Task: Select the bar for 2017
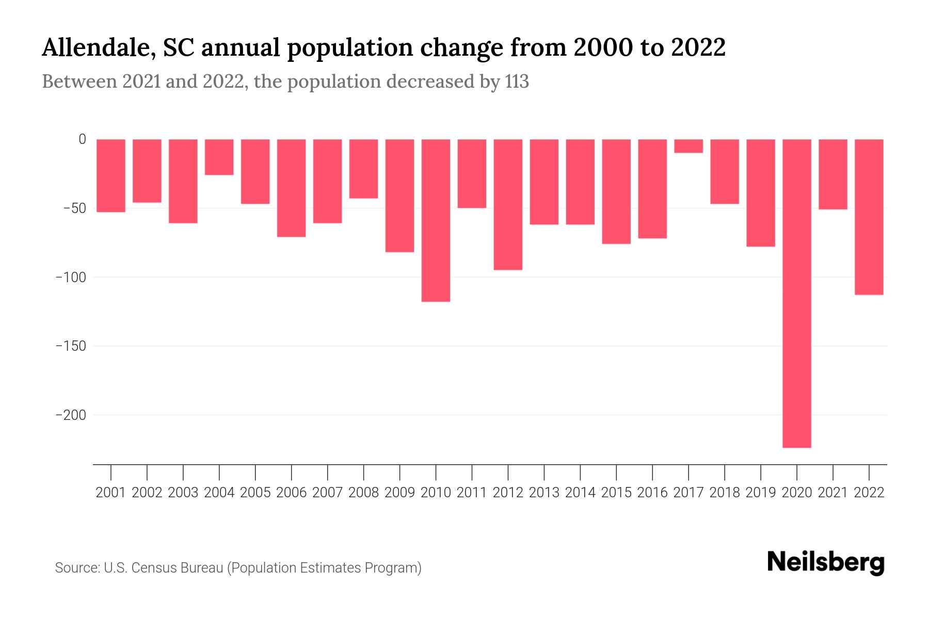click(x=688, y=146)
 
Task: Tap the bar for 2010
click(x=436, y=220)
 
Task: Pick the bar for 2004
click(x=219, y=157)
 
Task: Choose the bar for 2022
click(x=869, y=217)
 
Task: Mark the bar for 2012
click(x=508, y=204)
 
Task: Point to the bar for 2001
click(x=111, y=175)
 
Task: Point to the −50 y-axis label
click(x=74, y=208)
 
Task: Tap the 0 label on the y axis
click(x=82, y=139)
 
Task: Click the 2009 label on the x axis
click(x=399, y=493)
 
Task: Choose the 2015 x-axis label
click(x=616, y=493)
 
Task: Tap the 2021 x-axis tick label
click(x=832, y=493)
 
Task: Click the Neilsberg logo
click(x=826, y=562)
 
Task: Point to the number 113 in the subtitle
click(x=517, y=82)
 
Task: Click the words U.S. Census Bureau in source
click(x=164, y=568)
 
